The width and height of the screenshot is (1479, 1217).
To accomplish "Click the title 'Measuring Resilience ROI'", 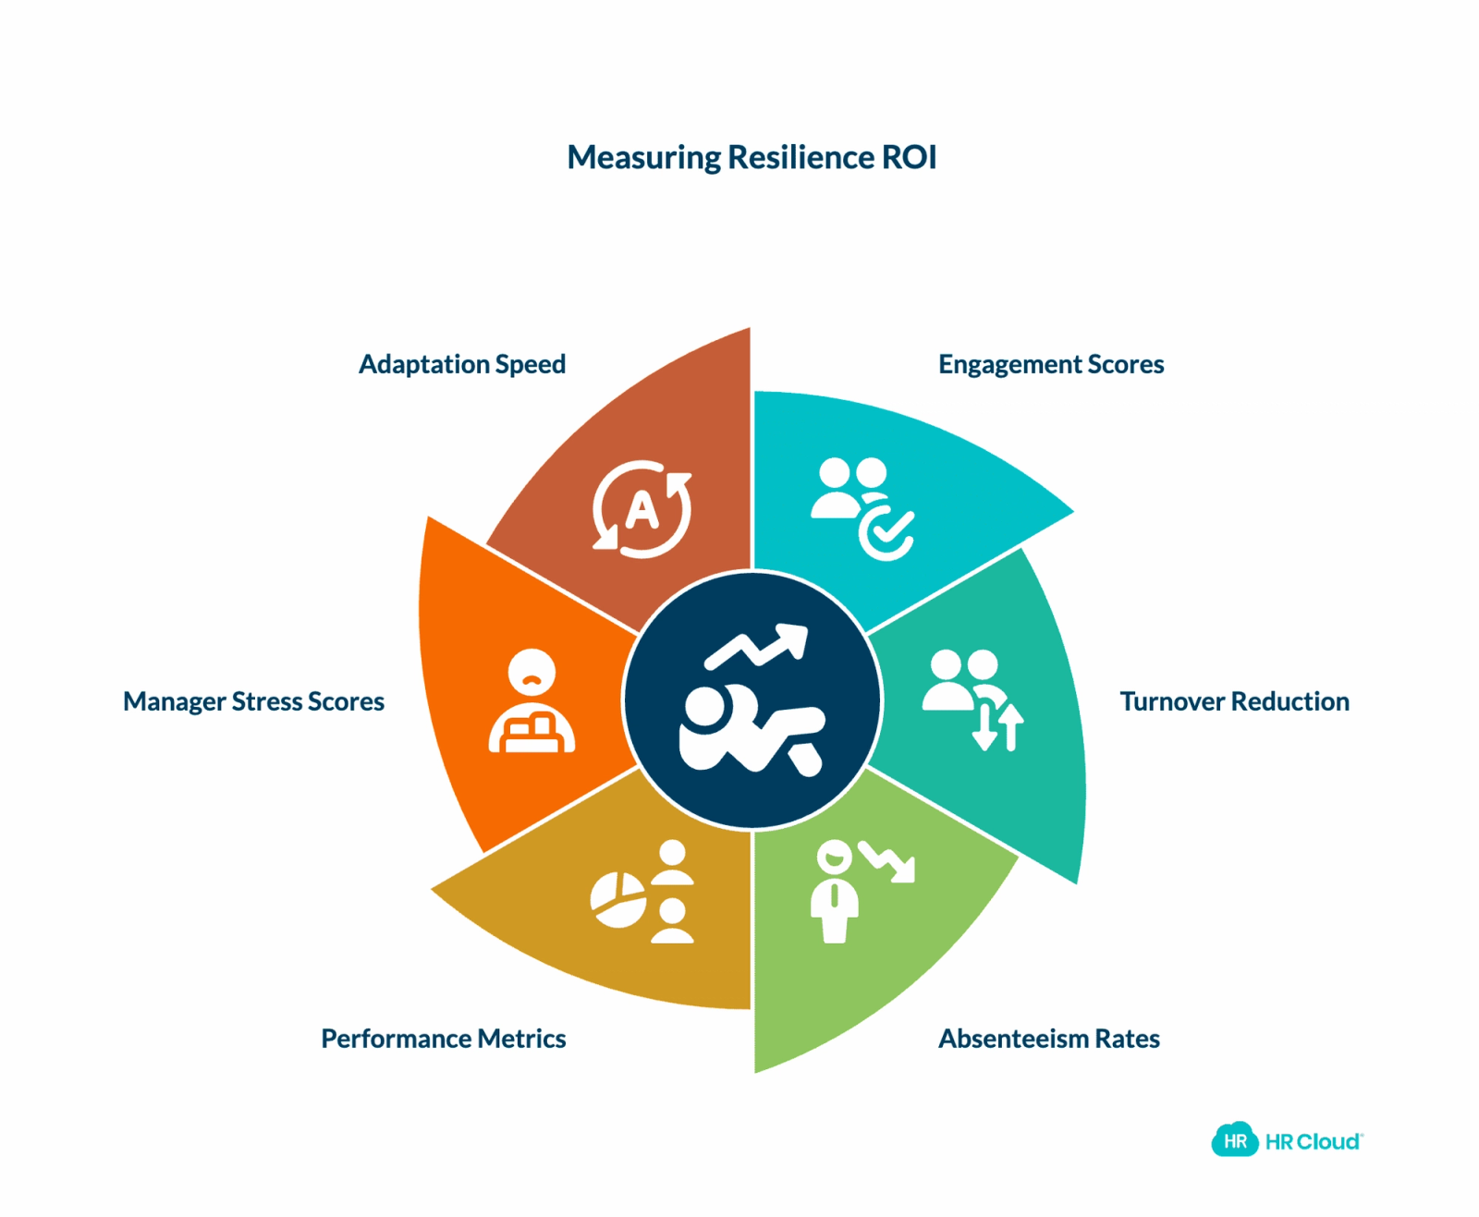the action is (752, 158).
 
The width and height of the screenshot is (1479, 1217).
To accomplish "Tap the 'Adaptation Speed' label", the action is (462, 365).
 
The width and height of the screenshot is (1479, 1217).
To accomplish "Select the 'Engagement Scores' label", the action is (1050, 365).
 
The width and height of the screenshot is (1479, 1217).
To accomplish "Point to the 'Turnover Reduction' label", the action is (1233, 701).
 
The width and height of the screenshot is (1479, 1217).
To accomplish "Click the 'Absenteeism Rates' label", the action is (1048, 1039).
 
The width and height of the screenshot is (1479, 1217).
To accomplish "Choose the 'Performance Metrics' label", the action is (443, 1039).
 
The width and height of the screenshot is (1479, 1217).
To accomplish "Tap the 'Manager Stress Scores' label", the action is (253, 702).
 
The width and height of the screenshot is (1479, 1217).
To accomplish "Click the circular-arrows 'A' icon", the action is (642, 509).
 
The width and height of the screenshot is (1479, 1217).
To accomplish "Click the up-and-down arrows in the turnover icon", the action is (997, 727).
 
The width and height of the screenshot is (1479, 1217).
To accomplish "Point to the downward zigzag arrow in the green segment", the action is (886, 861).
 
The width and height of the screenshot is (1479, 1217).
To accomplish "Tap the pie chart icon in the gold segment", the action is (617, 899).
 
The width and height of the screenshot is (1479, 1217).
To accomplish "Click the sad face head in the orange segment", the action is (532, 673).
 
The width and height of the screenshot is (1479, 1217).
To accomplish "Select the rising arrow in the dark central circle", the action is (756, 646).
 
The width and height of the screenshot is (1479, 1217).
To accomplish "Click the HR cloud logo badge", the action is (1235, 1141).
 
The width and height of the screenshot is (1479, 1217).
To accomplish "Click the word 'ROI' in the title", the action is (909, 157).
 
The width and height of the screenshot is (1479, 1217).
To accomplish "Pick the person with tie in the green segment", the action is (834, 892).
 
